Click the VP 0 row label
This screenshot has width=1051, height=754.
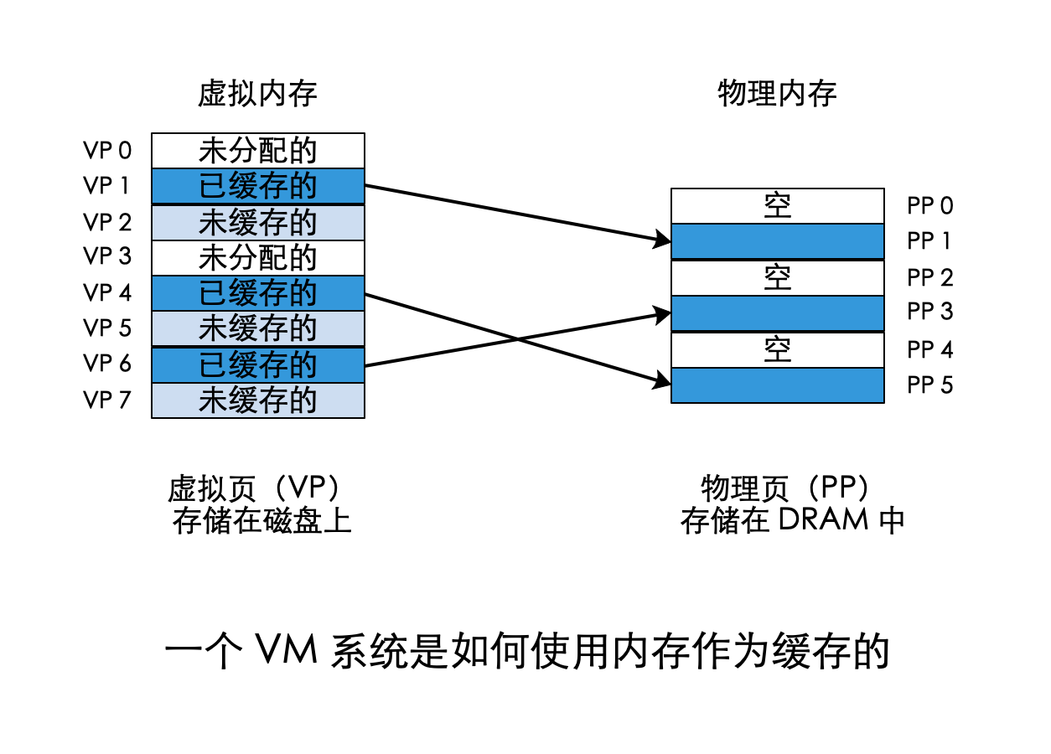click(x=107, y=151)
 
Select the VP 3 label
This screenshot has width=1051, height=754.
click(x=107, y=256)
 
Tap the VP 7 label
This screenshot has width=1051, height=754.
click(x=107, y=400)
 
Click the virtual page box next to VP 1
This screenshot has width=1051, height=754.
click(x=258, y=186)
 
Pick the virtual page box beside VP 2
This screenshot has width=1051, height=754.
click(x=258, y=222)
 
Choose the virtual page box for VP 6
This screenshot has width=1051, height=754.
click(x=258, y=364)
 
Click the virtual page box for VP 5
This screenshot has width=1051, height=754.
click(x=258, y=328)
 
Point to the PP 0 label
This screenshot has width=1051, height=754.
click(x=929, y=206)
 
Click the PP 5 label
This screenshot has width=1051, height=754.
click(x=929, y=386)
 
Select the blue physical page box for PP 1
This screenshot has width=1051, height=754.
click(x=777, y=241)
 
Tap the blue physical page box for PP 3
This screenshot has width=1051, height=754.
click(x=777, y=313)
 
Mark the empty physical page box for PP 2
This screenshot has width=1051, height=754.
click(x=777, y=277)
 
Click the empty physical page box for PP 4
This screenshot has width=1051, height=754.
click(x=777, y=349)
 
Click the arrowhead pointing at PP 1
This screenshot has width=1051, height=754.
click(x=663, y=242)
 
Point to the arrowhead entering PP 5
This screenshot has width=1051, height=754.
click(x=663, y=383)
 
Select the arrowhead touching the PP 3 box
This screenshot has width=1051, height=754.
click(x=663, y=315)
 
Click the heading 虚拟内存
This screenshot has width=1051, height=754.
click(x=257, y=94)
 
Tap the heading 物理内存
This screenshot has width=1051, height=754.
click(x=777, y=94)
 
